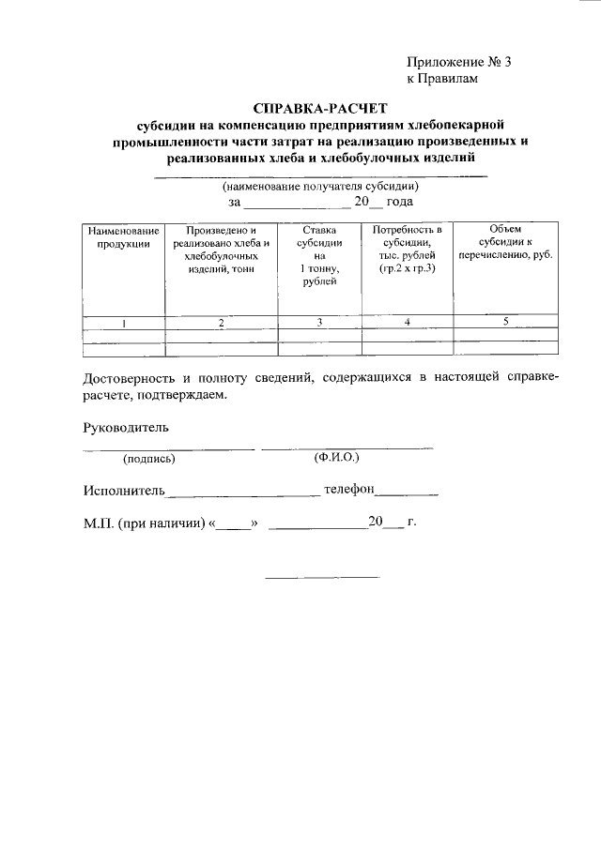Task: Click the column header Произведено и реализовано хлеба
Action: coord(221,249)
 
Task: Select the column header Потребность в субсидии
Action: coord(407,249)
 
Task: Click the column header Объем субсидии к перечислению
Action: coord(505,242)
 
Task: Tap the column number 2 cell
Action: coord(221,323)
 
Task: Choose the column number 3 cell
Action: coord(319,323)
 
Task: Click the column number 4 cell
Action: coord(407,323)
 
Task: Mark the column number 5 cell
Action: coord(505,323)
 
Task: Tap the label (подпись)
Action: coord(148,459)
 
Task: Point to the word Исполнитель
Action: coord(124,490)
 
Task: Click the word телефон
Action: coord(349,489)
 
